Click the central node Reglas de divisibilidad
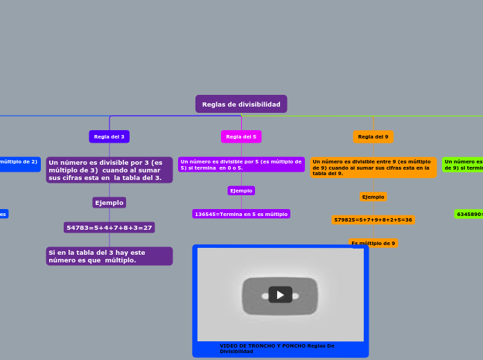241,105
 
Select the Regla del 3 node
109,136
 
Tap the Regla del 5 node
241,136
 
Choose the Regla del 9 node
373,136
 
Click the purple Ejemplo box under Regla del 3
109,203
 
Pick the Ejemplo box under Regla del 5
241,190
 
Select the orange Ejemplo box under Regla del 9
373,197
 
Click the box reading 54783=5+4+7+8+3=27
109,228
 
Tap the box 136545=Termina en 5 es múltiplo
241,214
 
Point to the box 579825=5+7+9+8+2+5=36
373,219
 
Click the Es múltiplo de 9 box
373,243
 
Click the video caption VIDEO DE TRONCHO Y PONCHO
277,348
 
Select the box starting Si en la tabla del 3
109,256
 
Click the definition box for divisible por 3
109,170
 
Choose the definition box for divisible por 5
241,165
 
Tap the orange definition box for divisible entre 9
373,168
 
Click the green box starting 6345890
469,214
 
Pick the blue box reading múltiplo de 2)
19,163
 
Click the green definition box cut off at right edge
463,164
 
